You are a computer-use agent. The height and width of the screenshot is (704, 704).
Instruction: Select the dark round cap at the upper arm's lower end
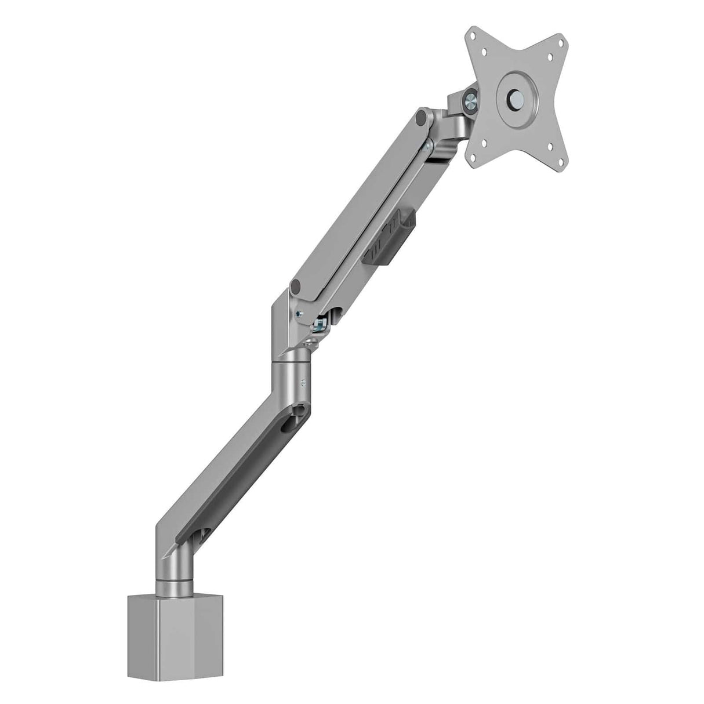(x=298, y=285)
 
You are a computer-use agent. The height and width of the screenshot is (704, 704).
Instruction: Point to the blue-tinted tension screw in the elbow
(x=320, y=322)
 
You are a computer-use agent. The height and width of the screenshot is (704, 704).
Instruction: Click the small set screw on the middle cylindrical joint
(x=303, y=382)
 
